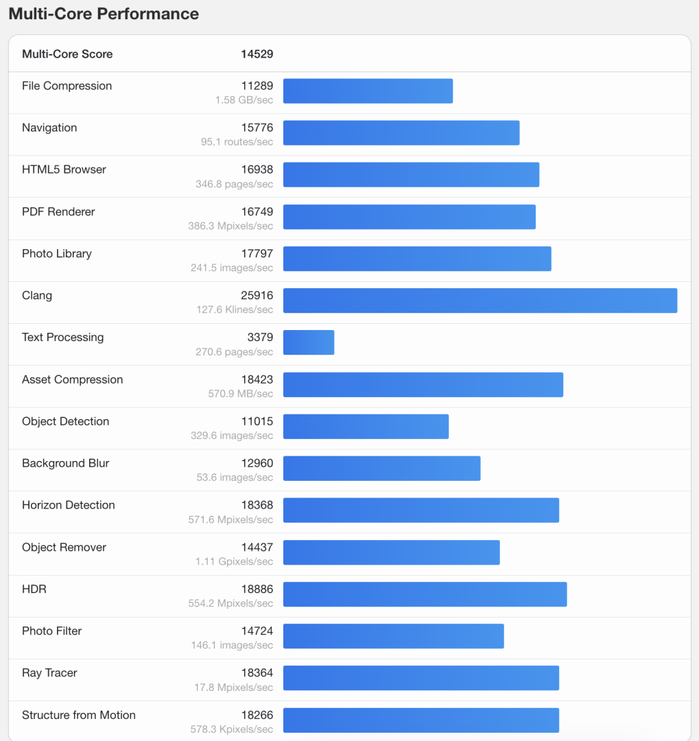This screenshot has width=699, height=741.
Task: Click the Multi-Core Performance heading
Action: point(104,14)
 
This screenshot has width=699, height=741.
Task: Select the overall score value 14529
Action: point(257,54)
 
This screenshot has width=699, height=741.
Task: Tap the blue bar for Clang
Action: point(480,301)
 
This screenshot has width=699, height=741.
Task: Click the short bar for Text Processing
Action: point(309,342)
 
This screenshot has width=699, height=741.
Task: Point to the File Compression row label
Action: point(67,86)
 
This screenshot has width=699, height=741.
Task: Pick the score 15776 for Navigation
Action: point(257,128)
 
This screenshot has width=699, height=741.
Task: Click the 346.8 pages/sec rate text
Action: point(234,184)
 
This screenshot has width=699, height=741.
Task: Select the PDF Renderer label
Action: point(58,211)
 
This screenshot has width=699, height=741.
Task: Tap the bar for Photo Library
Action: point(417,259)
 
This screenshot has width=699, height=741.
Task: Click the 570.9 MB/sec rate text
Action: point(240,394)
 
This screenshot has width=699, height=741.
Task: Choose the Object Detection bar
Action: point(366,426)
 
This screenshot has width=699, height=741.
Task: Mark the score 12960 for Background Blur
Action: point(257,463)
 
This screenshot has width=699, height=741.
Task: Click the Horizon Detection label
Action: point(69,505)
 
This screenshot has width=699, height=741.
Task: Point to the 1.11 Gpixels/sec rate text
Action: point(234,561)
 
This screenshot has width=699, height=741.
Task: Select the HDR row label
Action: point(34,589)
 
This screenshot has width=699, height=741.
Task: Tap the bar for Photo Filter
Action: point(393,636)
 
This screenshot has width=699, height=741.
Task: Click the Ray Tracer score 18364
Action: point(257,673)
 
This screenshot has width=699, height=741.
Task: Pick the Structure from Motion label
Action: point(79,715)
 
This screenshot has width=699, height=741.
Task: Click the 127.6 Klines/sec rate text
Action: point(235,309)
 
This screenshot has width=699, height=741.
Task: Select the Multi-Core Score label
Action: point(67,54)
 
